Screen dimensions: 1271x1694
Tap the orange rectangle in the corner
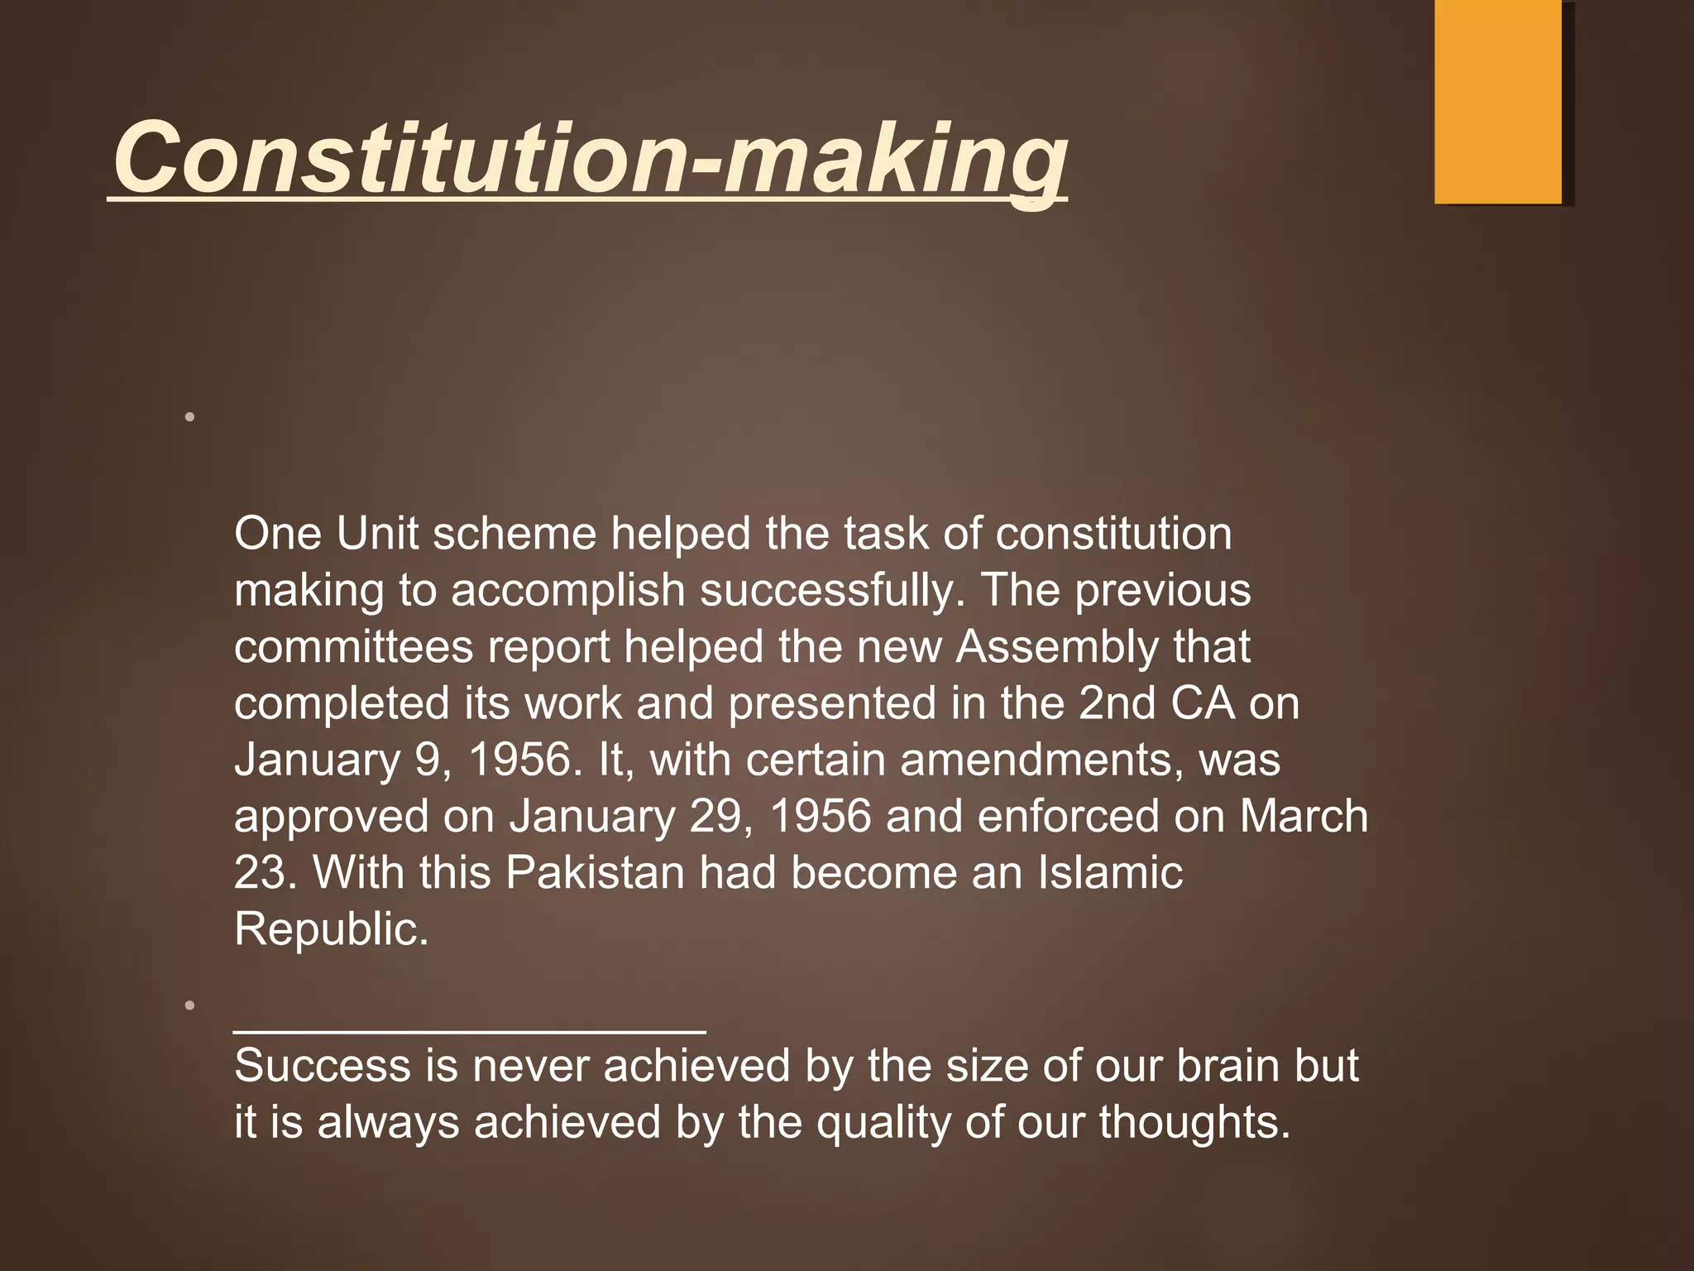tap(1497, 101)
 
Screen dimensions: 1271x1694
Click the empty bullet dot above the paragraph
tap(190, 418)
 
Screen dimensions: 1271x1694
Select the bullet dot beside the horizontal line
tap(190, 1006)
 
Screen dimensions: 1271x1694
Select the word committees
tap(353, 646)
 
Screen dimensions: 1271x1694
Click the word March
tap(1304, 817)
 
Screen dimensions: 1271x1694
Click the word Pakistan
tap(595, 873)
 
